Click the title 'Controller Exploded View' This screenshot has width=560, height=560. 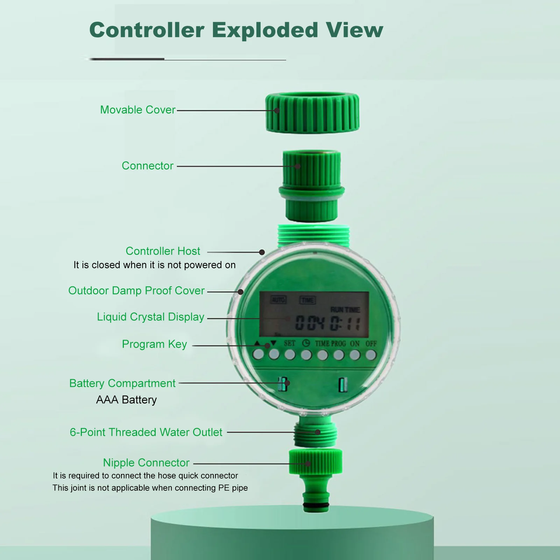pos(236,30)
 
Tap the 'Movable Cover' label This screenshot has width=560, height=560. pos(137,110)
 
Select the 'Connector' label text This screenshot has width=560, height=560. pos(147,166)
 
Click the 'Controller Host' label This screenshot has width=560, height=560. pos(163,251)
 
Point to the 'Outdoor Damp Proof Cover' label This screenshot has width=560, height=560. pos(136,291)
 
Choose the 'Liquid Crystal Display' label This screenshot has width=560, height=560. pos(150,317)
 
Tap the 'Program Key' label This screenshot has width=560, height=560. pos(154,344)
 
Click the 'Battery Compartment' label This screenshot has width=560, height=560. pos(122,383)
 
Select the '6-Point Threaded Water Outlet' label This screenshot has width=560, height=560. pos(146,432)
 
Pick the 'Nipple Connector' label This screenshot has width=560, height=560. pos(146,463)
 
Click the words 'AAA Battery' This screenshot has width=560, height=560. pos(126,400)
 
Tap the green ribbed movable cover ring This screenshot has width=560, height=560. pos(312,113)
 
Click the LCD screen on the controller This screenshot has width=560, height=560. pos(314,314)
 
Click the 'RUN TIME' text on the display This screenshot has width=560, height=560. pos(345,310)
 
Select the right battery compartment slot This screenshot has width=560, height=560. pos(342,385)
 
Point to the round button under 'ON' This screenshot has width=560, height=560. pos(354,355)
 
